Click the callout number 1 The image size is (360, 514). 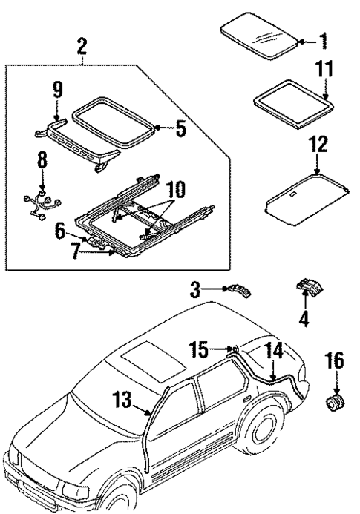point(322,39)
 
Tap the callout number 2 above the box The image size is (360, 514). point(82,47)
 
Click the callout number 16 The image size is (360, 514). point(336,363)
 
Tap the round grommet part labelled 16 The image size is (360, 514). point(334,403)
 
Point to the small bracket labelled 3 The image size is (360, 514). point(238,292)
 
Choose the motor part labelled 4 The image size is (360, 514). point(306,288)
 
